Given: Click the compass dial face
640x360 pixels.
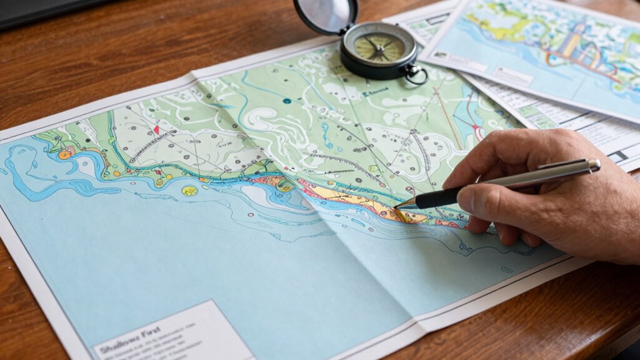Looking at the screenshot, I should pos(379,48).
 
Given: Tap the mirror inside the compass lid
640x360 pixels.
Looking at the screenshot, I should pos(326,14).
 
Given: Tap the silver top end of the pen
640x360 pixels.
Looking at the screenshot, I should pos(594,165).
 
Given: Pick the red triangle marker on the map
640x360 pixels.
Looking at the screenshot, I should pos(156,130).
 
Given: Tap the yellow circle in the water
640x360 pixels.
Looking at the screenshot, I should pos(189,190).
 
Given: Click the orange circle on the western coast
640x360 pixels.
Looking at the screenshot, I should pos(65,154).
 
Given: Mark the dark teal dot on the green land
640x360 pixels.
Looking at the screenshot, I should pos(286,101).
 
